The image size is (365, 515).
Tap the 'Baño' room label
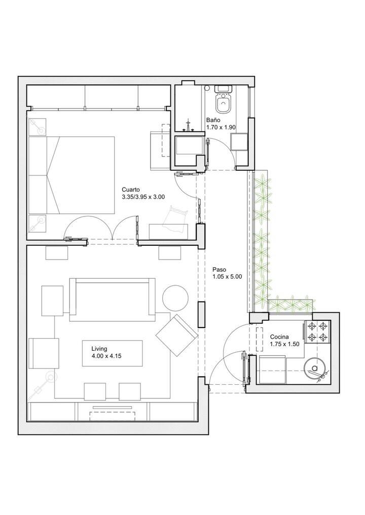tap(213, 120)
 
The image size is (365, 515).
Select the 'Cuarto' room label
tap(131, 190)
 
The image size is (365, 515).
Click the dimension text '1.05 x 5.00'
tap(227, 277)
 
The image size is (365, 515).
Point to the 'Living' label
tap(99, 349)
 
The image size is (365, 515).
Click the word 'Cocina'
tap(279, 337)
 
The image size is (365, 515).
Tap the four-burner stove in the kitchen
tap(317, 332)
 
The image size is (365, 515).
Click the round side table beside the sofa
tap(175, 298)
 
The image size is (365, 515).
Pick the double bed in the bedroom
tap(71, 175)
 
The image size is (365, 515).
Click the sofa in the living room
tap(112, 300)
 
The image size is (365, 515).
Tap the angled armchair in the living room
tap(177, 335)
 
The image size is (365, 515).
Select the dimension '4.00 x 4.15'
tap(107, 356)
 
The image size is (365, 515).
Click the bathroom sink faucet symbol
tap(188, 125)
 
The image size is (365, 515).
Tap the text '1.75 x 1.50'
tap(284, 344)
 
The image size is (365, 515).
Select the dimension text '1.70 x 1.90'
tap(221, 127)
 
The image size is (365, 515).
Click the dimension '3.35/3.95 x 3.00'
tap(143, 197)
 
